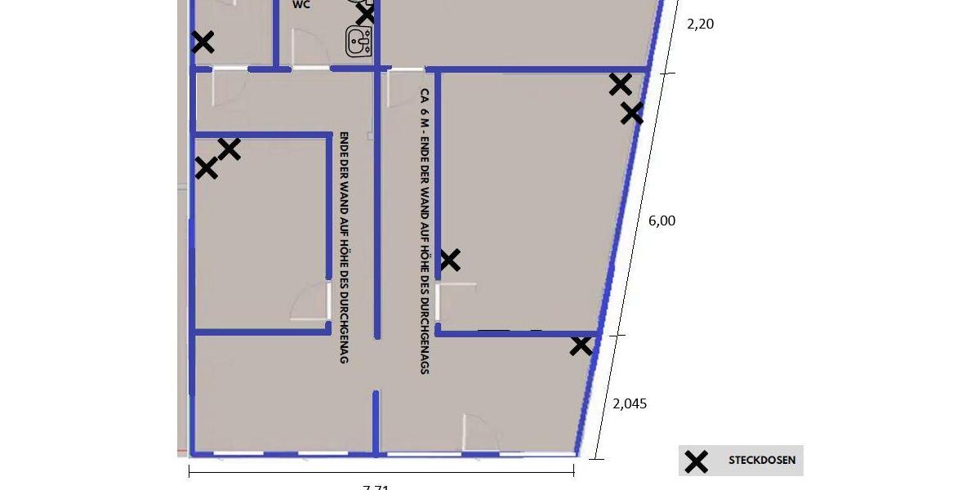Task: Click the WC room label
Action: tap(301, 4)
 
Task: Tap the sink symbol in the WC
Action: tap(359, 41)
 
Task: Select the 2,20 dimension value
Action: tap(700, 24)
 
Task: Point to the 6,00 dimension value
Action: tap(661, 220)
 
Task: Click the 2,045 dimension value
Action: tap(630, 403)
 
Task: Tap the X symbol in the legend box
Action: tap(696, 461)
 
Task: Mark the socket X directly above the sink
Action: tap(365, 14)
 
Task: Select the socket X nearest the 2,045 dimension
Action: tap(581, 345)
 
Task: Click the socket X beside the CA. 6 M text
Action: tap(450, 261)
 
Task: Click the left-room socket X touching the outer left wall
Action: tap(206, 168)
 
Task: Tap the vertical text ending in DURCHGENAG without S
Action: tap(344, 247)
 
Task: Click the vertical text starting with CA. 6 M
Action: tap(425, 231)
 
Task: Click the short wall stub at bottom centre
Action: tap(376, 421)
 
